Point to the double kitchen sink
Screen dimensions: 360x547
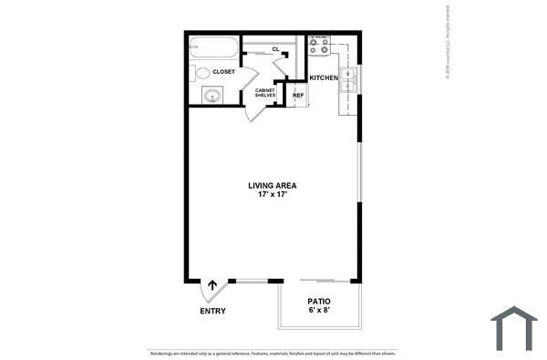click(x=348, y=80)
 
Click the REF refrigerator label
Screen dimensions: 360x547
click(x=297, y=95)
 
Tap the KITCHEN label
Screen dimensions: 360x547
click(x=324, y=78)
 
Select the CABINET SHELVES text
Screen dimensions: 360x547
click(x=265, y=92)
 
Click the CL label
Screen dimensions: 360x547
click(x=275, y=49)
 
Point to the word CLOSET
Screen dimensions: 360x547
click(x=224, y=71)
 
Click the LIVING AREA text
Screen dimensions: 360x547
click(x=273, y=186)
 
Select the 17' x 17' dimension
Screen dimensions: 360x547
click(x=273, y=195)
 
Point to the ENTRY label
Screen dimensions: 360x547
click(x=212, y=312)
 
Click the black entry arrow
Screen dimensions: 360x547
click(x=213, y=285)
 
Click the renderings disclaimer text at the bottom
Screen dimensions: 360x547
click(x=273, y=352)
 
